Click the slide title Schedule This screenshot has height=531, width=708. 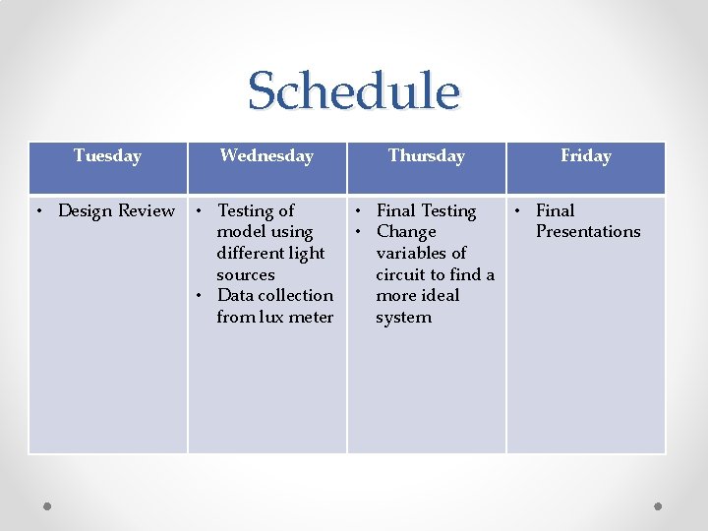(353, 91)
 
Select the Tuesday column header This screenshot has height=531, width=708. (107, 155)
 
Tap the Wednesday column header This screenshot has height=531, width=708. (266, 155)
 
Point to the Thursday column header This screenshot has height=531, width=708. (426, 155)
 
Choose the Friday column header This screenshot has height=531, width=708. (585, 155)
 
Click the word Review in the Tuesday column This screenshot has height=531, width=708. (146, 210)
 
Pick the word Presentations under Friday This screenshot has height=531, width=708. (587, 232)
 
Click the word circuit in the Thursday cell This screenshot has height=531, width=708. (401, 274)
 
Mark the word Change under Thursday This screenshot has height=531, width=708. (406, 232)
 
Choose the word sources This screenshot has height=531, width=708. (245, 274)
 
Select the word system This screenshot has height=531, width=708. (403, 317)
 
